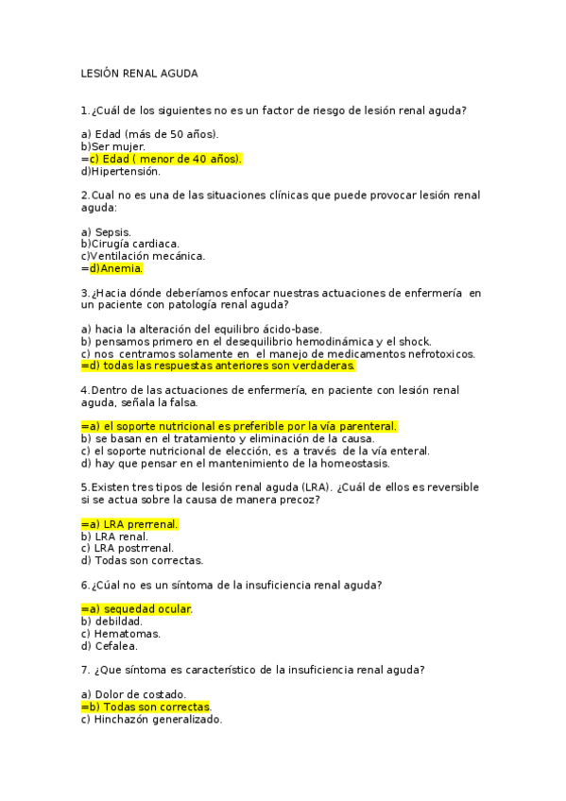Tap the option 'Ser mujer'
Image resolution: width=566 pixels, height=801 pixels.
(x=118, y=146)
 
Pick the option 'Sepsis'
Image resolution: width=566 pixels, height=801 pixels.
(x=112, y=231)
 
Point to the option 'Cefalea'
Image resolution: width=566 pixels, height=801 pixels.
(x=116, y=646)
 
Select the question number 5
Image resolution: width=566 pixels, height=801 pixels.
(x=85, y=487)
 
